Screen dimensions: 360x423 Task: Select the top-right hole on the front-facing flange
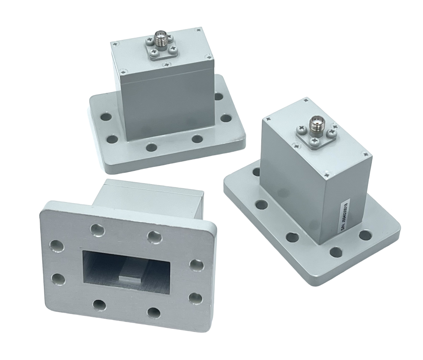[x=154, y=237]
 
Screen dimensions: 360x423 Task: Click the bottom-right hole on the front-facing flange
[x=154, y=311]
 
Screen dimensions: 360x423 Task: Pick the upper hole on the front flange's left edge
[x=56, y=245]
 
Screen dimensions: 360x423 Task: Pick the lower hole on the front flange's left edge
[x=57, y=279]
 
